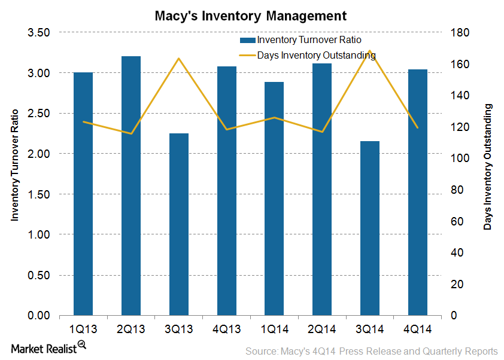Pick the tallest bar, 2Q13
(131, 185)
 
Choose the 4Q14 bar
(418, 192)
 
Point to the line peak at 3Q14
(370, 51)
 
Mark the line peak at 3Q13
(179, 59)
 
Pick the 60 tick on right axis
(456, 221)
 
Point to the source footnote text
(371, 351)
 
